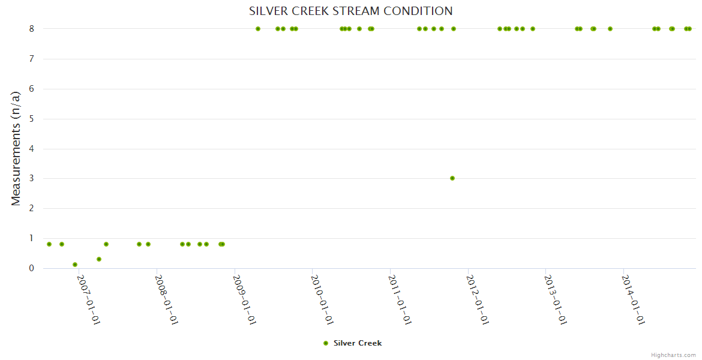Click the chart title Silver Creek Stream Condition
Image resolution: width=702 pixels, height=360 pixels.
point(351,11)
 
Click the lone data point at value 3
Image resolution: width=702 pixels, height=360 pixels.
point(452,178)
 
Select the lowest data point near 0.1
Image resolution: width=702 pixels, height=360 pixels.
point(75,265)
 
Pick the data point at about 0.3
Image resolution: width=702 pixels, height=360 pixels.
point(99,259)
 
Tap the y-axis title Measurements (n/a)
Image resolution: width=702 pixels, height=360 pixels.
point(16,148)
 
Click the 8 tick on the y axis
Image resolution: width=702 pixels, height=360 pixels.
point(31,29)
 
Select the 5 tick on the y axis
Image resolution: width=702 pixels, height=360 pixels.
point(31,119)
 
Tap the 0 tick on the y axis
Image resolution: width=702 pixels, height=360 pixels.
point(31,268)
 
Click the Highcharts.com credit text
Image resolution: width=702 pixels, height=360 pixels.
point(673,355)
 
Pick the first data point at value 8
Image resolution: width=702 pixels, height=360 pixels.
point(258,29)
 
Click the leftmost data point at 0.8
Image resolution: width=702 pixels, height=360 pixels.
point(49,244)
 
